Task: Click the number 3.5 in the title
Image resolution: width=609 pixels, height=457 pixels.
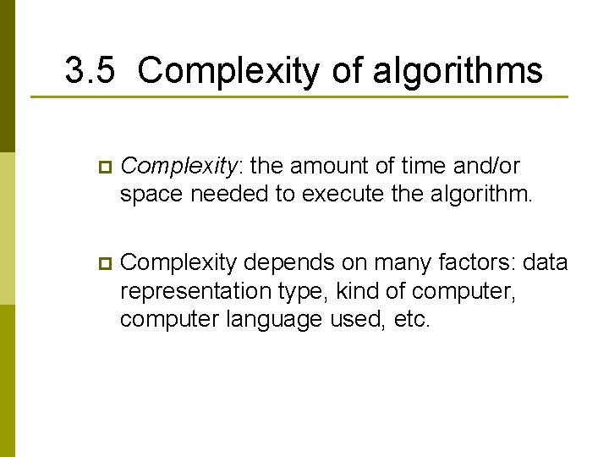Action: coord(89,71)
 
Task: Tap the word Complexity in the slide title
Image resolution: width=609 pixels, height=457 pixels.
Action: coord(228,71)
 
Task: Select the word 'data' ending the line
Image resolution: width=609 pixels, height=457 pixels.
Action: coord(546,263)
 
